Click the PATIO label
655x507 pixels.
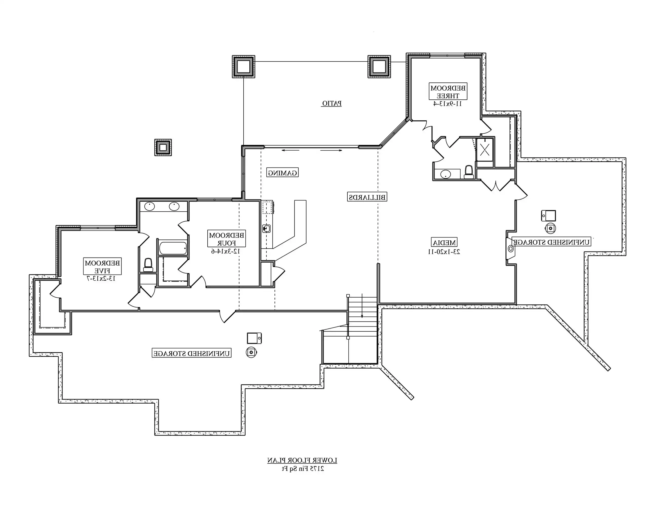[x=331, y=103]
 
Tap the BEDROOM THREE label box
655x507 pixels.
[x=448, y=92]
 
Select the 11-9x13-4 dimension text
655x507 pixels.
[x=447, y=104]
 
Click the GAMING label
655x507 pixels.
[x=282, y=173]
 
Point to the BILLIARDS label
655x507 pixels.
[x=367, y=197]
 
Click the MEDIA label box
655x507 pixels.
[x=444, y=242]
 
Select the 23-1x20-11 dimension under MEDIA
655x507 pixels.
[x=444, y=252]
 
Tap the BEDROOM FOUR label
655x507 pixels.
[x=226, y=239]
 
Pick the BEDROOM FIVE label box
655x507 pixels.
[x=102, y=266]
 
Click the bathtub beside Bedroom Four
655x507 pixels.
[x=173, y=248]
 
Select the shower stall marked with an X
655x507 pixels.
[x=485, y=150]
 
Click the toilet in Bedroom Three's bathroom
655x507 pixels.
[x=468, y=172]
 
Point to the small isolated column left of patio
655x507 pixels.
[x=163, y=148]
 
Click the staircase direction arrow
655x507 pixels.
[x=362, y=306]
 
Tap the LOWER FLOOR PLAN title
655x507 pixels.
[x=302, y=460]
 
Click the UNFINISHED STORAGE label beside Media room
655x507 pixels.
[x=551, y=242]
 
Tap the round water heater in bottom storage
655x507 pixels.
[x=251, y=352]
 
